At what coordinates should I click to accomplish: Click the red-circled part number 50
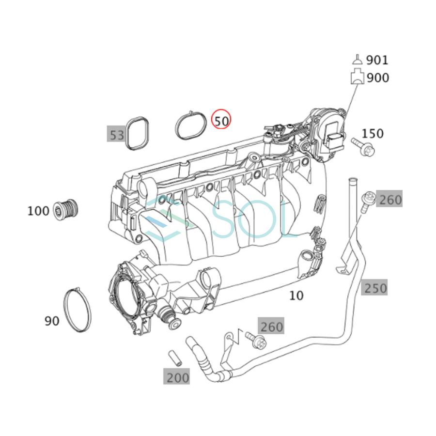tap(221, 120)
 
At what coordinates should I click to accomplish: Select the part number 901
tap(377, 60)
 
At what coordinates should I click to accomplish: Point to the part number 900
tap(378, 78)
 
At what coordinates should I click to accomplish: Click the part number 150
tap(372, 134)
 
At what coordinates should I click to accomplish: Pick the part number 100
tap(38, 211)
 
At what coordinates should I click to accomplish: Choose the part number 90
tap(52, 320)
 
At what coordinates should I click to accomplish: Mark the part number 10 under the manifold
tap(296, 295)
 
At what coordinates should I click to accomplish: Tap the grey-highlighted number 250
tap(375, 288)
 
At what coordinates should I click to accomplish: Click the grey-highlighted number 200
tap(177, 377)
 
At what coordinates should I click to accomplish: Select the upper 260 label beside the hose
tap(390, 200)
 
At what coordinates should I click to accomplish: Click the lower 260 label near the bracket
tap(271, 327)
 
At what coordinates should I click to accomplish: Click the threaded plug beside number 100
tap(65, 209)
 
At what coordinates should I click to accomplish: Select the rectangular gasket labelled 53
tap(137, 133)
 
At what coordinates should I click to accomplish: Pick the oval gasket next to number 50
tap(191, 125)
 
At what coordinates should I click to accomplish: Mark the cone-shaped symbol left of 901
tap(357, 60)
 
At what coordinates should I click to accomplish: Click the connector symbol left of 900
tap(357, 77)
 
